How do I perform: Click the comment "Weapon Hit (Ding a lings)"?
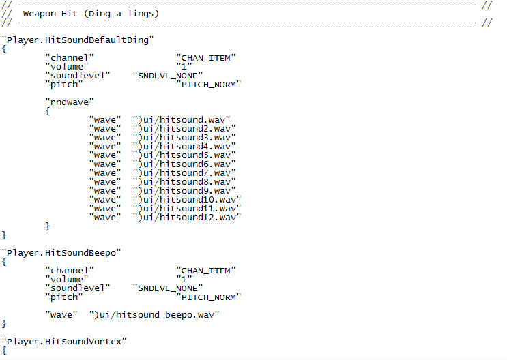[x=90, y=14]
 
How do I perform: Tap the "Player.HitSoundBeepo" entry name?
[x=61, y=253]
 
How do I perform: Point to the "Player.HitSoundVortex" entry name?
[x=64, y=341]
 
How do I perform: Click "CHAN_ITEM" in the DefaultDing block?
[x=206, y=58]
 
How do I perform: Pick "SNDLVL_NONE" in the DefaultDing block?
[x=166, y=76]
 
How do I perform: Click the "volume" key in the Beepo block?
[x=67, y=280]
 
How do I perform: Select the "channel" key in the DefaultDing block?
[x=70, y=58]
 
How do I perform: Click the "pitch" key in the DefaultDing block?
[x=64, y=85]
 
